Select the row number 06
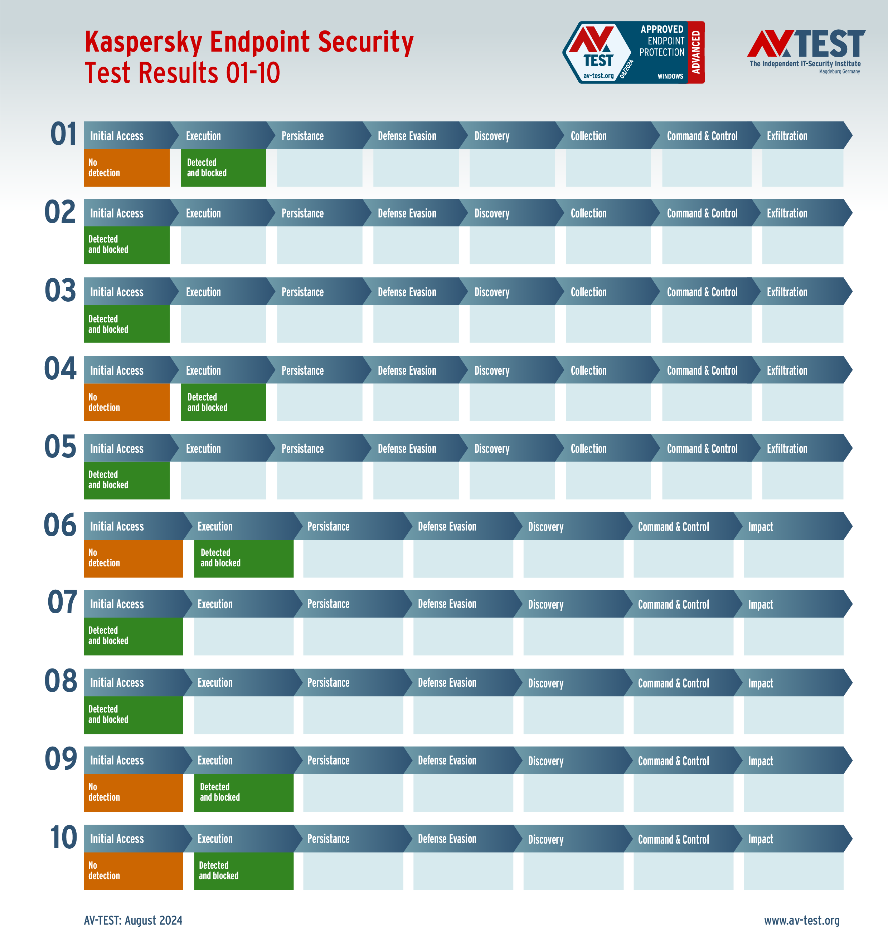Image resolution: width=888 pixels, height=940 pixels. click(x=60, y=526)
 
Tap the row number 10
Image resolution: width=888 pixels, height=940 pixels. click(x=63, y=838)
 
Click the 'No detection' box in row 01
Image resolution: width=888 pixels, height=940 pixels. click(x=126, y=168)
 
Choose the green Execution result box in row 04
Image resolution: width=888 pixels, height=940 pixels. click(x=223, y=402)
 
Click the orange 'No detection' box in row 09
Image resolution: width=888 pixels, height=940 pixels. click(x=133, y=793)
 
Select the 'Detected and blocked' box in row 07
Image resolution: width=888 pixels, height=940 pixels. click(x=133, y=636)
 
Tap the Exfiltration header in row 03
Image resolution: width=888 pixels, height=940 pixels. click(x=787, y=292)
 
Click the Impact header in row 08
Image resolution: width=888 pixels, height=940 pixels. click(x=760, y=683)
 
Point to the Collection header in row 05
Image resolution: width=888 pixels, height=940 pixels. click(x=588, y=449)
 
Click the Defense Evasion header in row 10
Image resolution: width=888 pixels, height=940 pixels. click(x=447, y=839)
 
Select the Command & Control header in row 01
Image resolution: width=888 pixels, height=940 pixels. click(x=702, y=136)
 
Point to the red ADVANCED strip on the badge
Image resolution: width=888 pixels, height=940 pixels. click(x=696, y=52)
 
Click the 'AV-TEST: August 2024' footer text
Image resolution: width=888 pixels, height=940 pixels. click(x=133, y=920)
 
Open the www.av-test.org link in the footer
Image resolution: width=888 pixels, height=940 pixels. click(x=801, y=920)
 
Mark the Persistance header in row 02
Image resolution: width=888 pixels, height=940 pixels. click(x=302, y=214)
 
